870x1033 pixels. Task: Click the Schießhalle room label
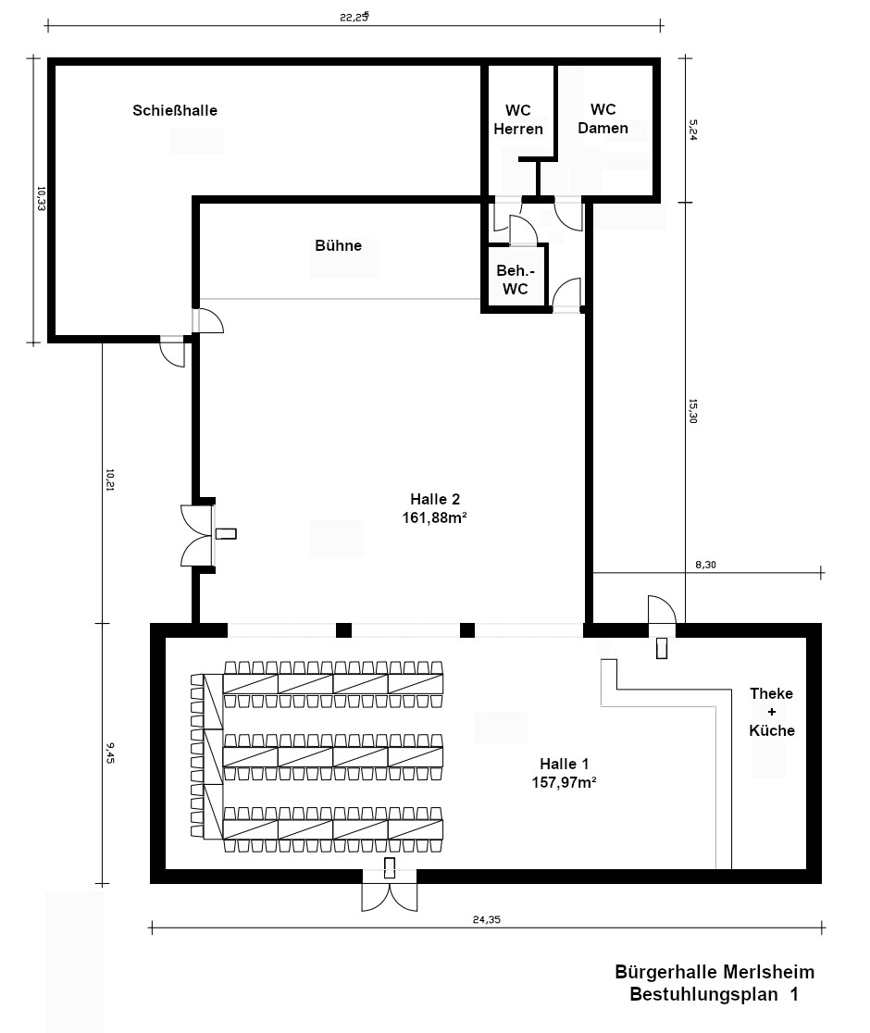[x=175, y=110]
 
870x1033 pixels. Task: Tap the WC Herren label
[x=518, y=119]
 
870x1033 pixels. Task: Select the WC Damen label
[x=603, y=118]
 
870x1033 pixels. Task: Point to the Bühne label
[x=338, y=245]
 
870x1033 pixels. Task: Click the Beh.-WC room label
[x=515, y=280]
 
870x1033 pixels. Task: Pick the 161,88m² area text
[x=435, y=517]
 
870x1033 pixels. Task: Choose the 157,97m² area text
[x=565, y=783]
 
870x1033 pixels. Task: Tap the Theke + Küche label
[x=772, y=712]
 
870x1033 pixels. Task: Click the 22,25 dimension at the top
[x=354, y=18]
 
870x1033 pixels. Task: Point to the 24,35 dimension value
[x=487, y=920]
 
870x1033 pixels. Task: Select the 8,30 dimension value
[x=705, y=565]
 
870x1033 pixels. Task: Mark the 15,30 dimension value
[x=692, y=411]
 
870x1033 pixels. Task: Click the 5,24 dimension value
[x=693, y=130]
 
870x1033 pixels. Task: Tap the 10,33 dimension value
[x=41, y=198]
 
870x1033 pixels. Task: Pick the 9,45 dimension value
[x=110, y=753]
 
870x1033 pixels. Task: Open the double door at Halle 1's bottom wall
[x=390, y=890]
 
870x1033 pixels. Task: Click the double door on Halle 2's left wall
[x=197, y=536]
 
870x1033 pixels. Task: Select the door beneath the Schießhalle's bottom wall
[x=172, y=351]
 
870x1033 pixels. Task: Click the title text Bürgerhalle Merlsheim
[x=715, y=972]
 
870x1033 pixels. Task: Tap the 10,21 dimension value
[x=110, y=480]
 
